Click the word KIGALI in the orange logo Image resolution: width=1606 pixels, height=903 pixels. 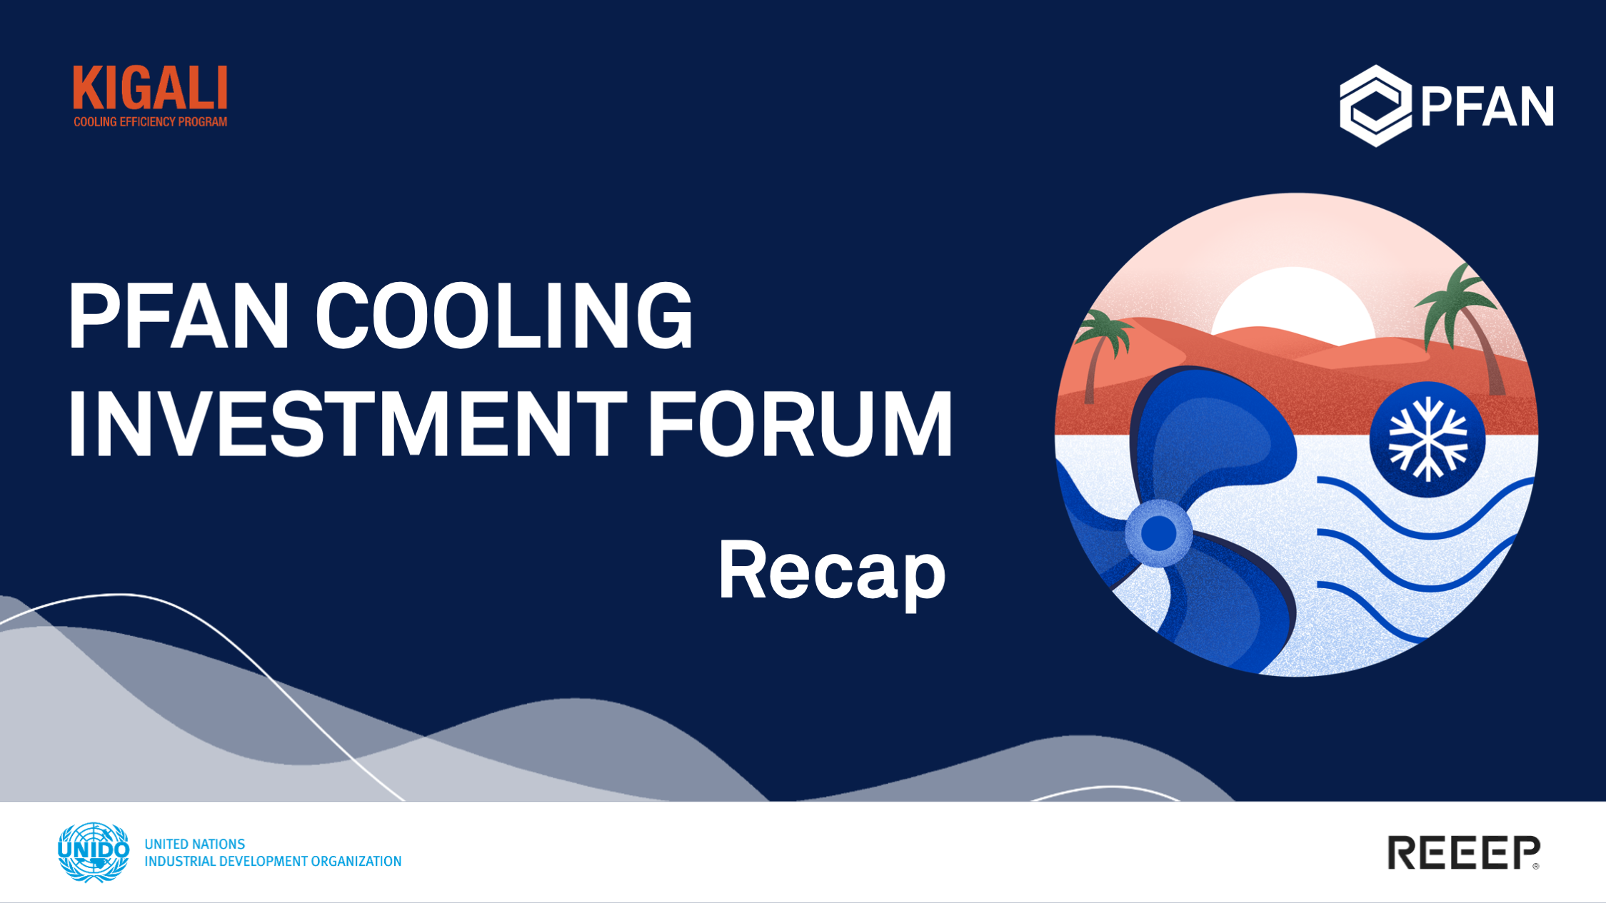click(x=150, y=89)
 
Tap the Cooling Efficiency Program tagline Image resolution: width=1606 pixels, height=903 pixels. click(x=150, y=122)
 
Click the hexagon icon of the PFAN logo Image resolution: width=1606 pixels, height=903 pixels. click(x=1375, y=106)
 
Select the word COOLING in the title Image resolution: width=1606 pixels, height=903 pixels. click(x=504, y=316)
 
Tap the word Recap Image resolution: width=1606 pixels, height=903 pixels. click(x=832, y=572)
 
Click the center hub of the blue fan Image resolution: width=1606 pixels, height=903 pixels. click(x=1158, y=533)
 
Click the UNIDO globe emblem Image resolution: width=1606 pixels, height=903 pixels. click(x=94, y=852)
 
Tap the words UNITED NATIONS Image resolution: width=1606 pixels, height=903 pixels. click(x=195, y=844)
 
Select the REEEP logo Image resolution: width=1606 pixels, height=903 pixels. click(x=1464, y=852)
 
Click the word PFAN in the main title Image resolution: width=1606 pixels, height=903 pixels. click(x=179, y=316)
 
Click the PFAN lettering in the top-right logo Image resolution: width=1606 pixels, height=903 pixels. click(x=1487, y=106)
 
